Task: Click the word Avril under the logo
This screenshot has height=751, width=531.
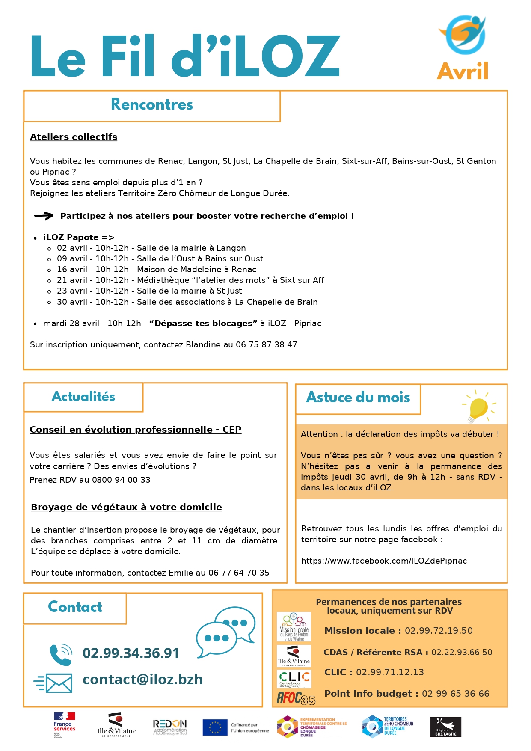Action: point(463,71)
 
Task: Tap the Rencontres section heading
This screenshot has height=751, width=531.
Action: point(152,104)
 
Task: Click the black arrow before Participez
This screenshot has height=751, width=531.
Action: point(44,216)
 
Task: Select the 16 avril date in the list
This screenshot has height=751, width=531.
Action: point(72,270)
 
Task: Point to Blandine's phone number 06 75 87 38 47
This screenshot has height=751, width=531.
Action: point(266,345)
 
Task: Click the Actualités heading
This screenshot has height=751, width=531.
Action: point(83,397)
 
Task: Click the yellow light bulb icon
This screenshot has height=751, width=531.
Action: point(478,407)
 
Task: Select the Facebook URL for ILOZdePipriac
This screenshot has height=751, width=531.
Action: point(384,561)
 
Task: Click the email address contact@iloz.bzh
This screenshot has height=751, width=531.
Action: point(142,680)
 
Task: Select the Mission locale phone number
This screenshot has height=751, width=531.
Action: point(439,631)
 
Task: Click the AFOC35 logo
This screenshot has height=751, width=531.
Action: point(296,698)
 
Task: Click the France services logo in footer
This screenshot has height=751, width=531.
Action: point(64,725)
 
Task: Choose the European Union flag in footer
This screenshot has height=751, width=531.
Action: point(215,727)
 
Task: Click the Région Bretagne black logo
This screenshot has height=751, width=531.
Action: point(445,727)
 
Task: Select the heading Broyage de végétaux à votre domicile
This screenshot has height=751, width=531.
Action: point(126,507)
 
